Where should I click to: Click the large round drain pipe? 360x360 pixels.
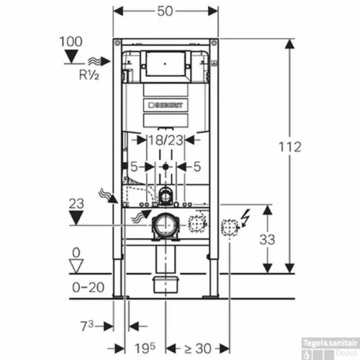click(x=166, y=226)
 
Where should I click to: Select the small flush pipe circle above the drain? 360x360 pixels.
click(x=166, y=194)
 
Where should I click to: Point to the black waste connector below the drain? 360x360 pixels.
click(x=166, y=282)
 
